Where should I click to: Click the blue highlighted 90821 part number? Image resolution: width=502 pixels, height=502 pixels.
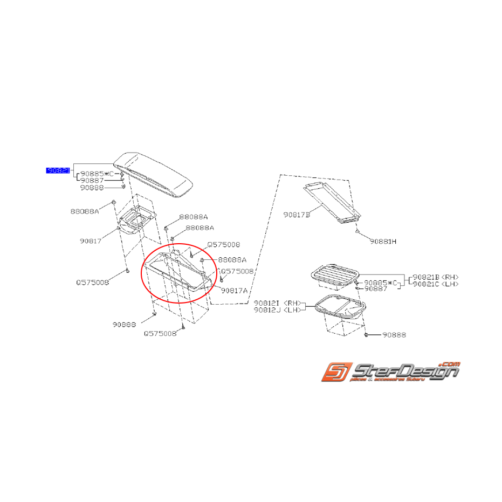click(58, 170)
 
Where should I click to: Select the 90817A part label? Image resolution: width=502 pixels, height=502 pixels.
click(234, 290)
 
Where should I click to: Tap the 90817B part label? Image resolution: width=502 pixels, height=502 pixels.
click(297, 215)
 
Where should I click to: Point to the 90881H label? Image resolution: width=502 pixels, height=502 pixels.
click(383, 241)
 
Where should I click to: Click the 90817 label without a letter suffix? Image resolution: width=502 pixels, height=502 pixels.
click(90, 241)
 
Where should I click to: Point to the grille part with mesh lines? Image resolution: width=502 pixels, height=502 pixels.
click(334, 274)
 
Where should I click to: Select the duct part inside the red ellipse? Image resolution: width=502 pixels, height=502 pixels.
click(178, 272)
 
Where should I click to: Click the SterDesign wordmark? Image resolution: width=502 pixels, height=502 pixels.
click(404, 372)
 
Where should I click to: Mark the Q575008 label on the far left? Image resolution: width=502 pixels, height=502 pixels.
click(92, 282)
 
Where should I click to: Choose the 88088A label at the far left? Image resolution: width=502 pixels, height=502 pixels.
click(85, 211)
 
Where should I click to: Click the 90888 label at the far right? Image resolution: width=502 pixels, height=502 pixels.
click(394, 335)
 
